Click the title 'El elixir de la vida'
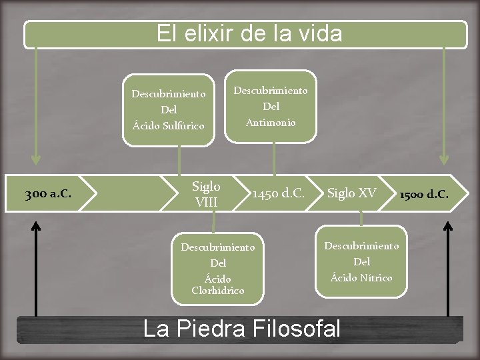tap(249, 33)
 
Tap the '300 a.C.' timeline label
tap(48, 195)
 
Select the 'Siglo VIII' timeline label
tap(206, 194)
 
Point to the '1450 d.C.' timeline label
tap(278, 194)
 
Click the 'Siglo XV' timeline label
tap(351, 194)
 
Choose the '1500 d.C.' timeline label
tap(424, 195)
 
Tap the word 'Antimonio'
tap(271, 122)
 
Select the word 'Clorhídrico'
tap(217, 290)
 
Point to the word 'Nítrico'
tap(377, 277)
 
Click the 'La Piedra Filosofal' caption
tap(242, 329)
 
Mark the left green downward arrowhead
tap(36, 160)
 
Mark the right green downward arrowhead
tap(444, 160)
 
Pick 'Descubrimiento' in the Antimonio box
tap(271, 90)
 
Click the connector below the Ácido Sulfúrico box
tap(179, 160)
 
